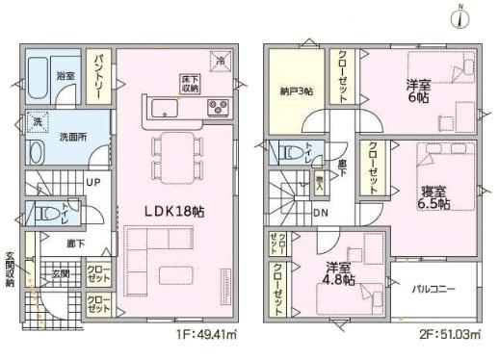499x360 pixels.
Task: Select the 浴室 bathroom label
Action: [x=66, y=74]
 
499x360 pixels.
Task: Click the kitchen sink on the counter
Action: [x=160, y=107]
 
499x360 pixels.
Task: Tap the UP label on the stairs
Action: [x=97, y=181]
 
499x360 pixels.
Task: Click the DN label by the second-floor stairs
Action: [x=321, y=213]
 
